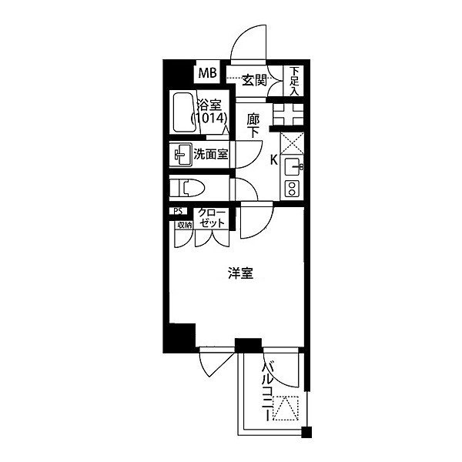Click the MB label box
(208, 74)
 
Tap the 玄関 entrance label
(254, 79)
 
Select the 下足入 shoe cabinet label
(294, 79)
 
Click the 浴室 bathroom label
(209, 105)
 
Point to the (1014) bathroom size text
(209, 119)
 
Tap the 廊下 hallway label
(253, 126)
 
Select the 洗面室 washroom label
(210, 154)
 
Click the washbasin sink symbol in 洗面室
(182, 154)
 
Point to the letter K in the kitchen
(273, 161)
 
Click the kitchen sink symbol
(293, 165)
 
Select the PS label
(177, 213)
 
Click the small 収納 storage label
(183, 226)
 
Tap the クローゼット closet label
(211, 218)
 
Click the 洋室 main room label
(240, 273)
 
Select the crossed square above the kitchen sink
(293, 143)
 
